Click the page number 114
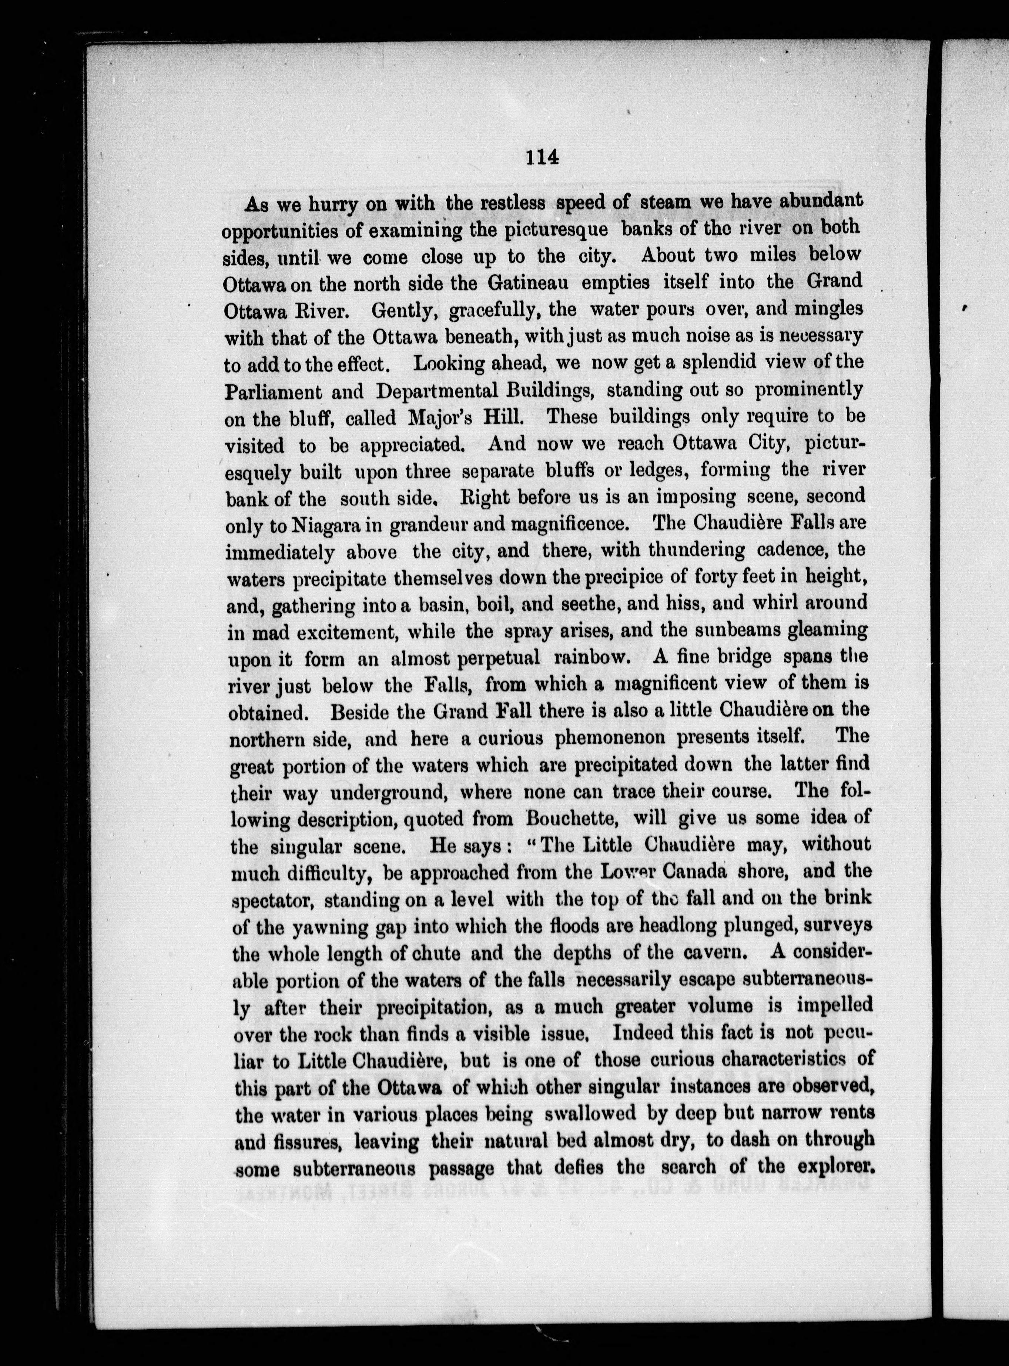(x=542, y=158)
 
